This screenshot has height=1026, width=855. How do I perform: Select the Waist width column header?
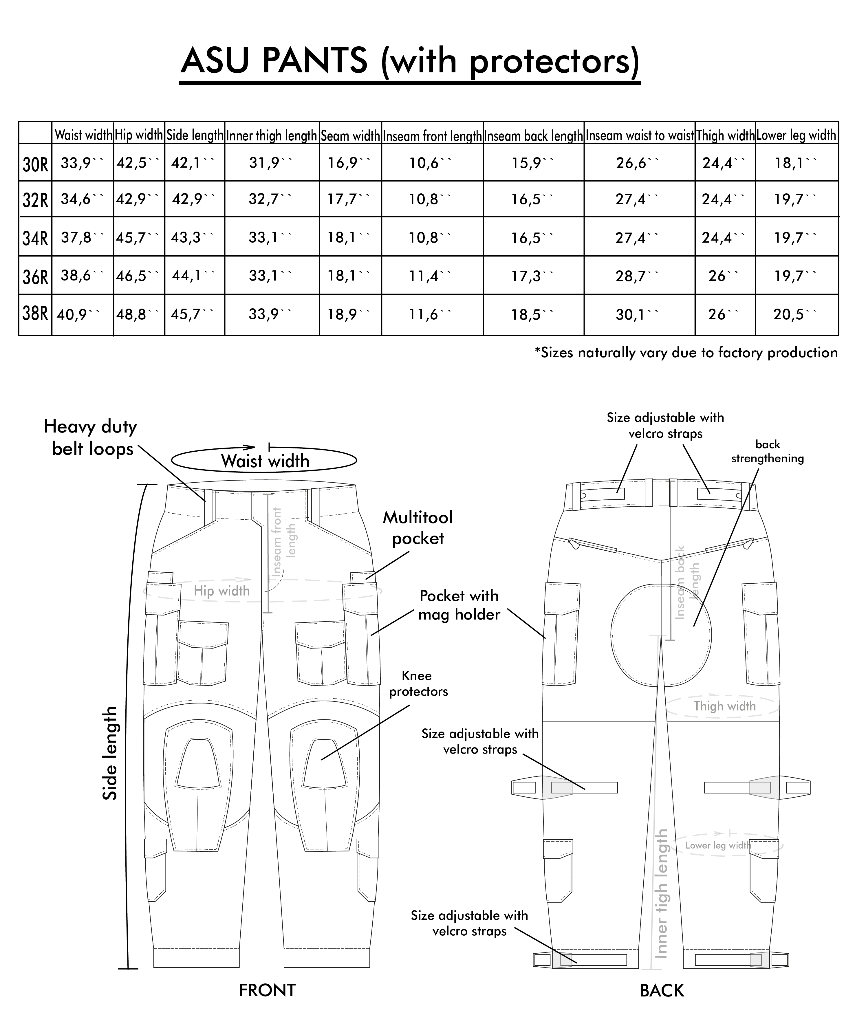tap(83, 135)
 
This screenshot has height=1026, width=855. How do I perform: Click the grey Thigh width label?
tap(724, 706)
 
